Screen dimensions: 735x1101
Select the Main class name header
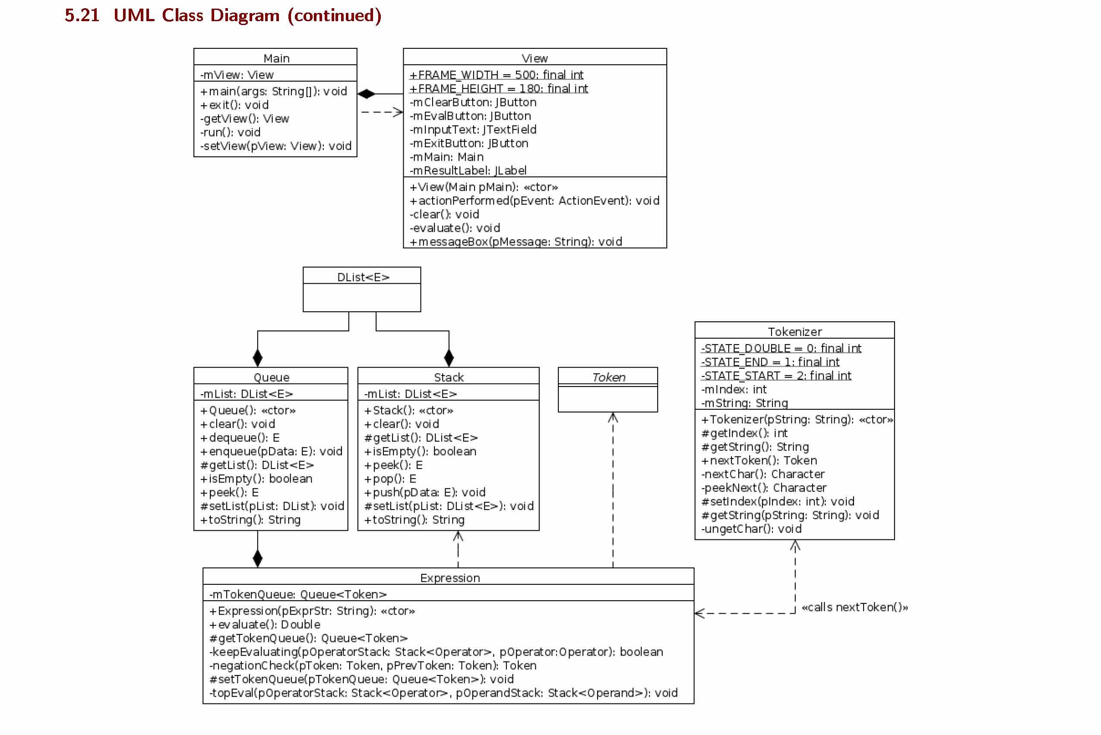click(276, 58)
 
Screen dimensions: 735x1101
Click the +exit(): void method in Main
click(234, 105)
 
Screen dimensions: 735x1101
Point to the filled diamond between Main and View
click(366, 94)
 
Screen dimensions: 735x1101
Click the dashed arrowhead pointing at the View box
click(399, 112)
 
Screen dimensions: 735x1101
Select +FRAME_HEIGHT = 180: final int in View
click(499, 88)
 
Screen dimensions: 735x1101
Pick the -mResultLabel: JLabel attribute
click(468, 170)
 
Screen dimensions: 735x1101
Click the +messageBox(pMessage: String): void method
click(516, 241)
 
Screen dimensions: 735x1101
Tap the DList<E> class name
click(363, 277)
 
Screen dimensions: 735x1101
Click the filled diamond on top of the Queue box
click(257, 358)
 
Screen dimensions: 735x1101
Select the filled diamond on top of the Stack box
click(449, 358)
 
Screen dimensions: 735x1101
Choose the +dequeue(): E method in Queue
click(240, 437)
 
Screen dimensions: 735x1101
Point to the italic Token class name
click(608, 377)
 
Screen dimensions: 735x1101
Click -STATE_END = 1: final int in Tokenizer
click(770, 362)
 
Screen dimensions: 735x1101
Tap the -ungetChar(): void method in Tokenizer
click(751, 529)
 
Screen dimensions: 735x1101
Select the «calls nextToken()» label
click(854, 607)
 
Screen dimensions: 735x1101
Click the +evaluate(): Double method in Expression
click(265, 624)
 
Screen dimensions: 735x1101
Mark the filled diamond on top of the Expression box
click(257, 558)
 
